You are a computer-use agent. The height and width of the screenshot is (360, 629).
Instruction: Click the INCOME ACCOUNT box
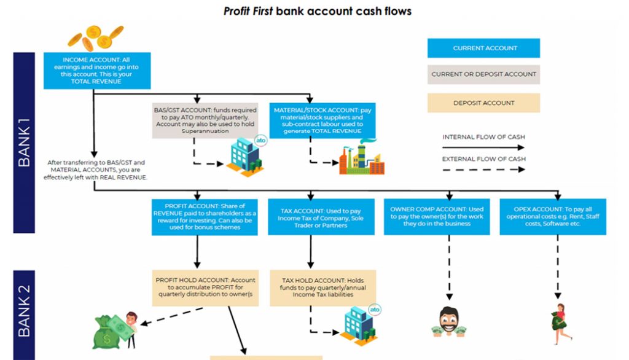pos(93,70)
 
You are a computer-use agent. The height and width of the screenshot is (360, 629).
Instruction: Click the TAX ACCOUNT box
pos(321,217)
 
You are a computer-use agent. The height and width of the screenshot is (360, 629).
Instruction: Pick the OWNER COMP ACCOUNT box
pos(437,216)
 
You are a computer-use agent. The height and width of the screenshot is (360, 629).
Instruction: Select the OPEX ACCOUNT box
pos(553,216)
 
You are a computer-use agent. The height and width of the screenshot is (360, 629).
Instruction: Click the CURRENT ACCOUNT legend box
pos(483,48)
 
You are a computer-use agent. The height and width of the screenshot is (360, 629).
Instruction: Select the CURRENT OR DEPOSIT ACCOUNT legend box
pos(483,74)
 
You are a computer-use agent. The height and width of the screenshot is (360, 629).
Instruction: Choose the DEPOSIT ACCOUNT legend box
pos(483,103)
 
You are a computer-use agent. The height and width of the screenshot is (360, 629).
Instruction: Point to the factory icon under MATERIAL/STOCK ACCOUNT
pos(362,158)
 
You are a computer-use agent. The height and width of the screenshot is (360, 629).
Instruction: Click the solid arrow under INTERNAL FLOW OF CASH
pos(483,148)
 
